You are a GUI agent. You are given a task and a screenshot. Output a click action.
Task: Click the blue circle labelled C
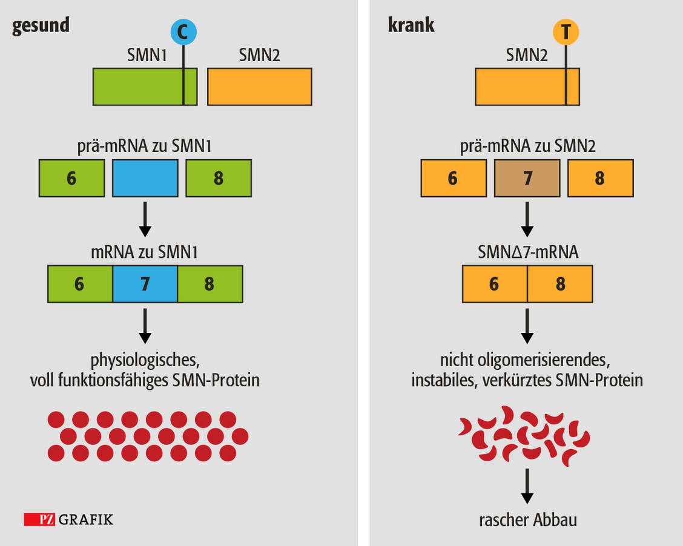[x=183, y=31]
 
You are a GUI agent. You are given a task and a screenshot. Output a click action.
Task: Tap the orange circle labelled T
[x=566, y=31]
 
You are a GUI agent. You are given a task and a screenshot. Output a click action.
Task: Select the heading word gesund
[x=41, y=25]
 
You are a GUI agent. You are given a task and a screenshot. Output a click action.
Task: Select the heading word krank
[x=411, y=25]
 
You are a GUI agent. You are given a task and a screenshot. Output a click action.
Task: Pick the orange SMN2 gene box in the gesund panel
[x=260, y=87]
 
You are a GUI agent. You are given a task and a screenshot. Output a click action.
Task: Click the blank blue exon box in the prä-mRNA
[x=145, y=178]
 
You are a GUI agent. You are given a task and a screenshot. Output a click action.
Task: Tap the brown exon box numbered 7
[x=527, y=178]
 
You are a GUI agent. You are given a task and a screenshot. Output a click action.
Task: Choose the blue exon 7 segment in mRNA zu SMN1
[x=145, y=283]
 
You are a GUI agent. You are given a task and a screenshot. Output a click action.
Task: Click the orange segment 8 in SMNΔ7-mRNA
[x=560, y=283]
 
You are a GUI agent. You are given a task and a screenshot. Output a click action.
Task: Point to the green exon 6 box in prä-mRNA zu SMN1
[x=72, y=178]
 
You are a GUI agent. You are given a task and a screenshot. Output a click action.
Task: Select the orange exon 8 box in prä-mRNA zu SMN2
[x=600, y=178]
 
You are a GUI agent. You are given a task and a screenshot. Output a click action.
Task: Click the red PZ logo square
[x=40, y=519]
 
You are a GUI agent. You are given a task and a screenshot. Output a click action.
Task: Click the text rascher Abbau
[x=527, y=519]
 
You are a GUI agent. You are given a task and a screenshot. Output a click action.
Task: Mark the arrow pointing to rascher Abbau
[x=527, y=487]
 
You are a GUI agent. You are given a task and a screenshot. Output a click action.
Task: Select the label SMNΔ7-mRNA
[x=527, y=251]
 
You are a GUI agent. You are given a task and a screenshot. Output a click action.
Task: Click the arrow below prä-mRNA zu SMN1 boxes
[x=145, y=219]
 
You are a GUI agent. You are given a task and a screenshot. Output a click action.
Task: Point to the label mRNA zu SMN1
[x=145, y=251]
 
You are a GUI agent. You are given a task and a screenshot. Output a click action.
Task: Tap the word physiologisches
[x=145, y=360]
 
